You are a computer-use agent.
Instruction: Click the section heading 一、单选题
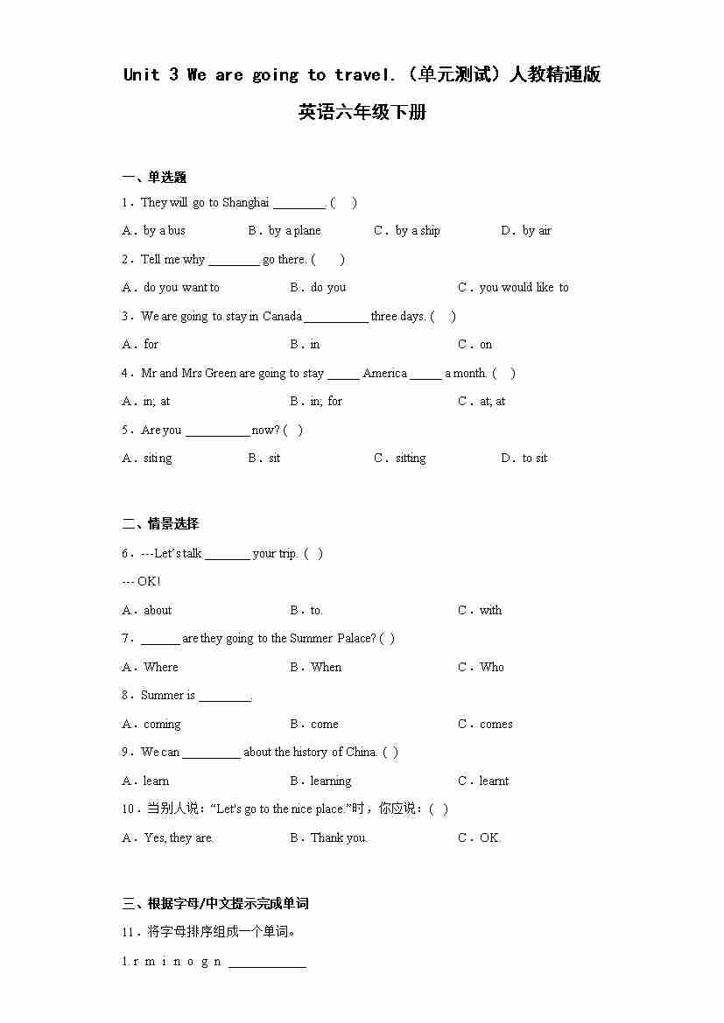tap(154, 178)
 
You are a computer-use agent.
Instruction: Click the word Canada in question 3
tap(282, 317)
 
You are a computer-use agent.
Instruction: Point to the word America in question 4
tap(384, 374)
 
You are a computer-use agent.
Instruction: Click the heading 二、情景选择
tap(160, 524)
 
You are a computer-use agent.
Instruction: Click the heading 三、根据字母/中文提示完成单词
tap(215, 904)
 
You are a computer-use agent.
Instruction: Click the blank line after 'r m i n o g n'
tap(267, 963)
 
